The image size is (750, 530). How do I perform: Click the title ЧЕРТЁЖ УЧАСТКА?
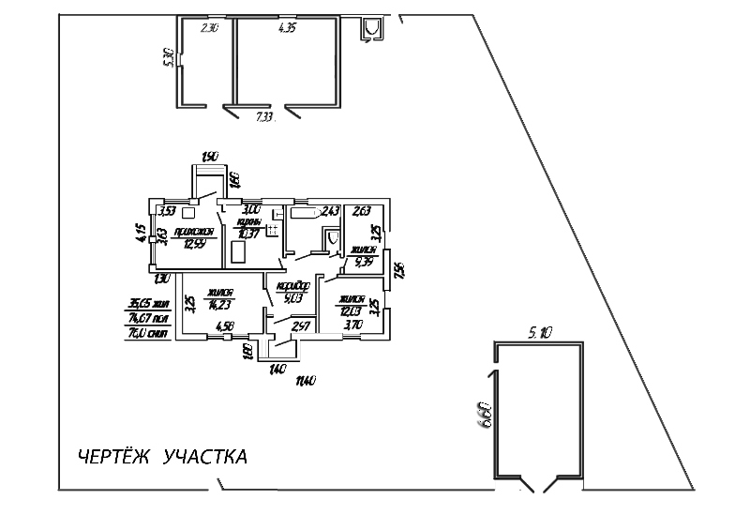(x=161, y=458)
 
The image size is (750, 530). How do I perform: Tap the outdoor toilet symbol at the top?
(x=373, y=30)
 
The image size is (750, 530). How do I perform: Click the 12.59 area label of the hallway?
(x=195, y=243)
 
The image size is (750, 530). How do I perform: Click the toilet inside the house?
(x=329, y=240)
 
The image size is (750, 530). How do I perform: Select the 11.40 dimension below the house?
(x=305, y=380)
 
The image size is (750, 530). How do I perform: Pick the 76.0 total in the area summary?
(x=147, y=331)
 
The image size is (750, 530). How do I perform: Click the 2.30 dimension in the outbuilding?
(x=209, y=29)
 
